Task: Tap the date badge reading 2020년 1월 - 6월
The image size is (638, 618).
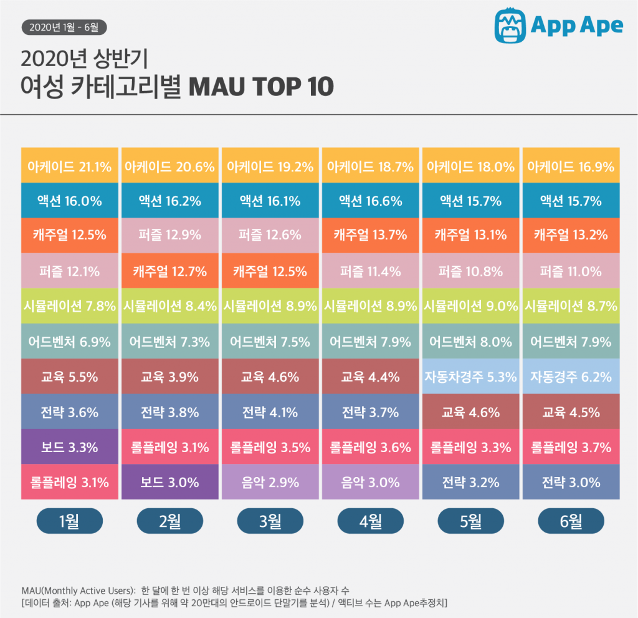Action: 64,27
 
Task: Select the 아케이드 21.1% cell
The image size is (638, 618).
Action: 69,167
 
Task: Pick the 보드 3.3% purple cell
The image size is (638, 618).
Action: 69,447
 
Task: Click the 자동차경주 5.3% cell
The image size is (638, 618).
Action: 470,377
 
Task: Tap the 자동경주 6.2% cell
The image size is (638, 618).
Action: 571,377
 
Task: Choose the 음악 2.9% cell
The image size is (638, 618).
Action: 270,482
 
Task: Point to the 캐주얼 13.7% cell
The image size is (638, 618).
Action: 370,235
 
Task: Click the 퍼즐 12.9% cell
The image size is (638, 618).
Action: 169,235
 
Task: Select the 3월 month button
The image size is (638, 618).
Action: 270,521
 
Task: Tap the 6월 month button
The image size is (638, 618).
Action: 571,521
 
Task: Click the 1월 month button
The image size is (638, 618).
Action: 69,521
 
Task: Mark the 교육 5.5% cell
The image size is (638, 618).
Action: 69,377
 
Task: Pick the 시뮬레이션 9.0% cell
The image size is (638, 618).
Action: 470,306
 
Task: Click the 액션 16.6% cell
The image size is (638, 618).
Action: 370,201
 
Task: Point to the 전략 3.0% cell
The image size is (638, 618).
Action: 571,482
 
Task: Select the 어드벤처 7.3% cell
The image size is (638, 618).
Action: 169,342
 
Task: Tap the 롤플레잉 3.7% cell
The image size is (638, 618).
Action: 571,447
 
